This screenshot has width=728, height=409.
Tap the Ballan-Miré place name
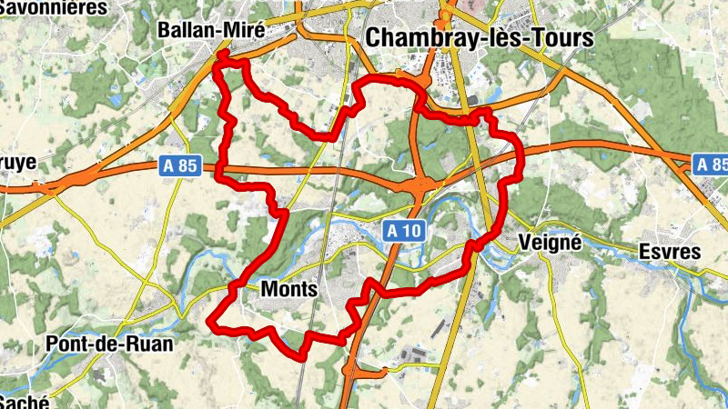pos(210,30)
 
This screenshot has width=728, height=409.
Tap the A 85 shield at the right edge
pos(711,165)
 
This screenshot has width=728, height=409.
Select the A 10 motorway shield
pos(401,230)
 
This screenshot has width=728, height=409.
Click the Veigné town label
pos(549,243)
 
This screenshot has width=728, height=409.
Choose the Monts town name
pos(288,290)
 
